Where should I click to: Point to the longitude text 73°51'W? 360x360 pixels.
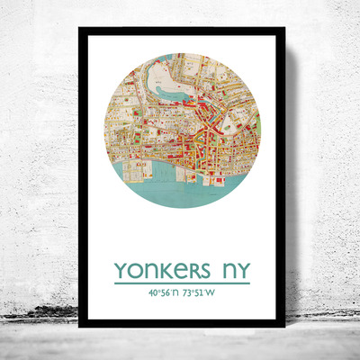tap(203, 292)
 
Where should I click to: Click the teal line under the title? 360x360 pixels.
tap(180, 283)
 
